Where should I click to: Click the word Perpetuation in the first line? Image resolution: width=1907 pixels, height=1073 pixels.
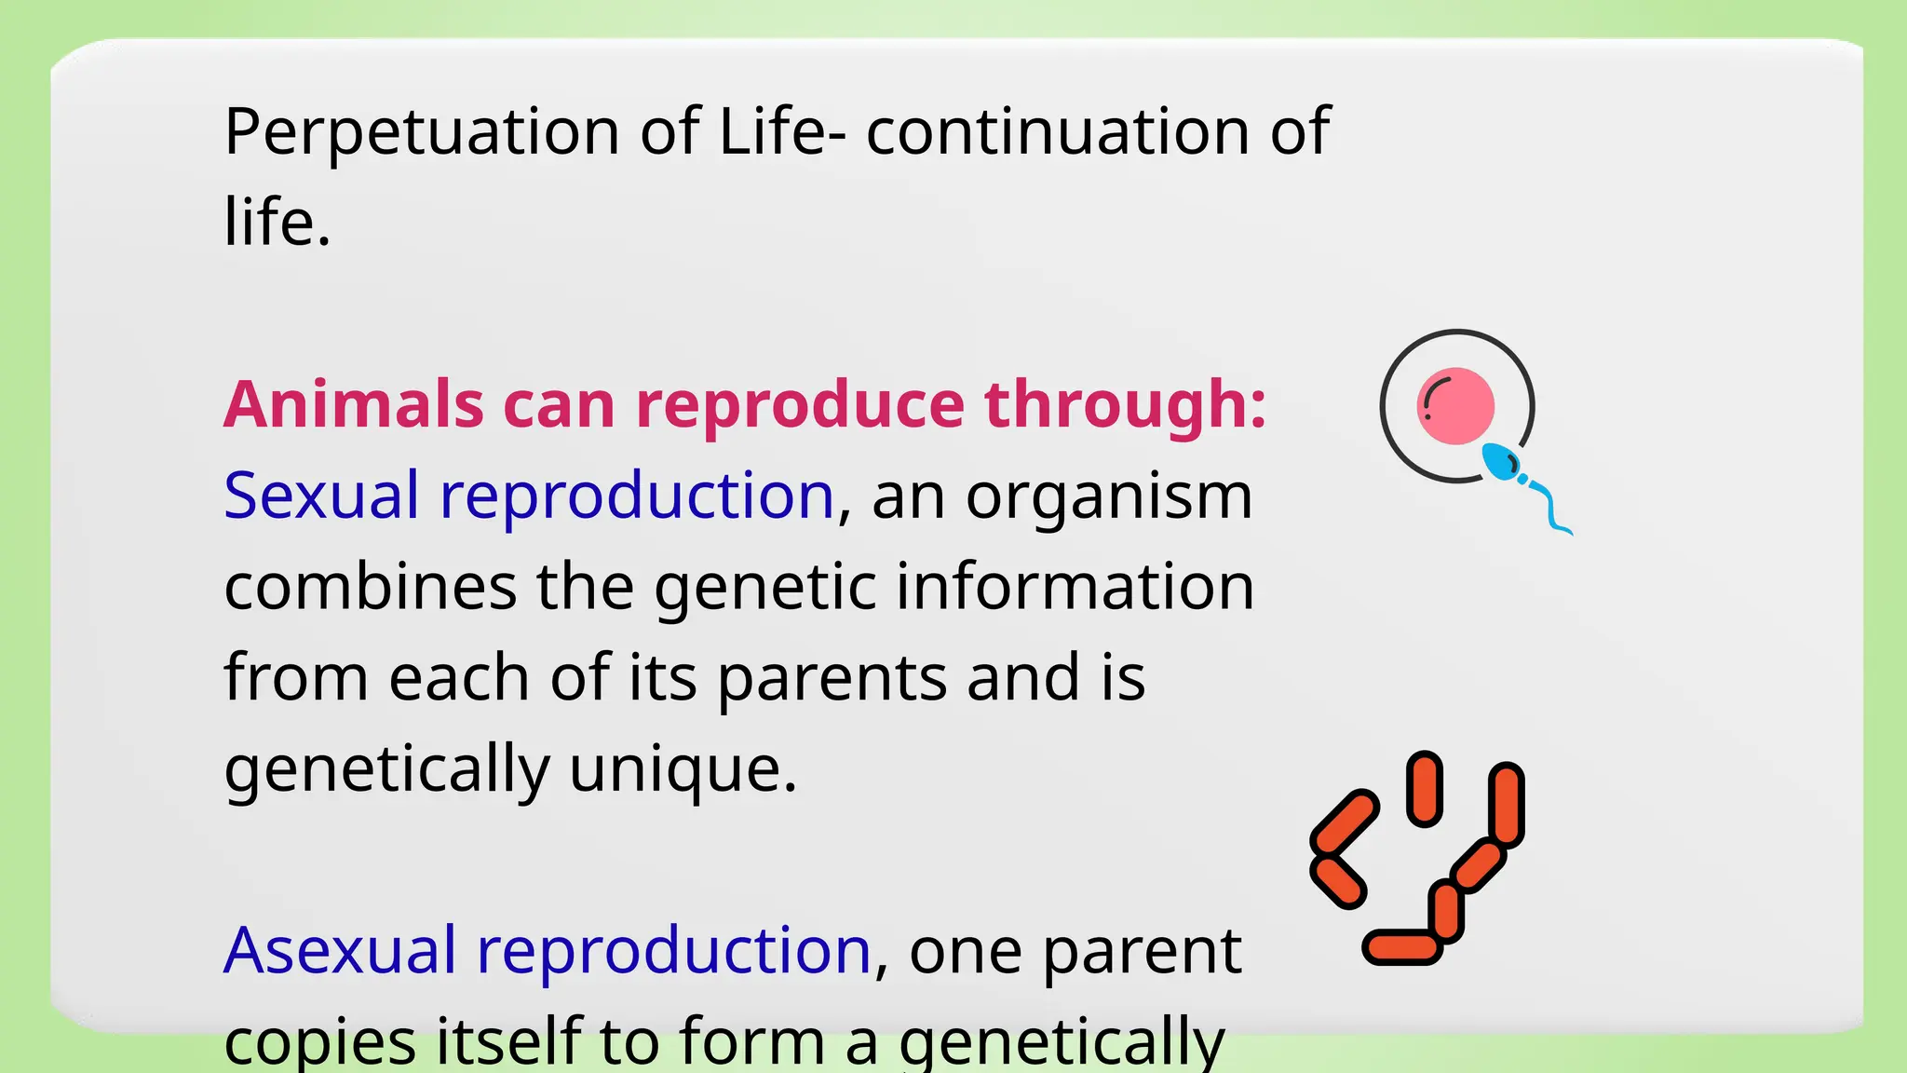click(422, 132)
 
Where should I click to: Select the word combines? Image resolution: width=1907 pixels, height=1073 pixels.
click(370, 587)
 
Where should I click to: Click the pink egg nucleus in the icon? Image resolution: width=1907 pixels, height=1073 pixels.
click(1455, 405)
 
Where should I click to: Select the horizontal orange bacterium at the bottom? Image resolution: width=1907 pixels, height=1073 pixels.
click(1401, 946)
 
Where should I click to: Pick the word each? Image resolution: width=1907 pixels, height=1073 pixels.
click(459, 678)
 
